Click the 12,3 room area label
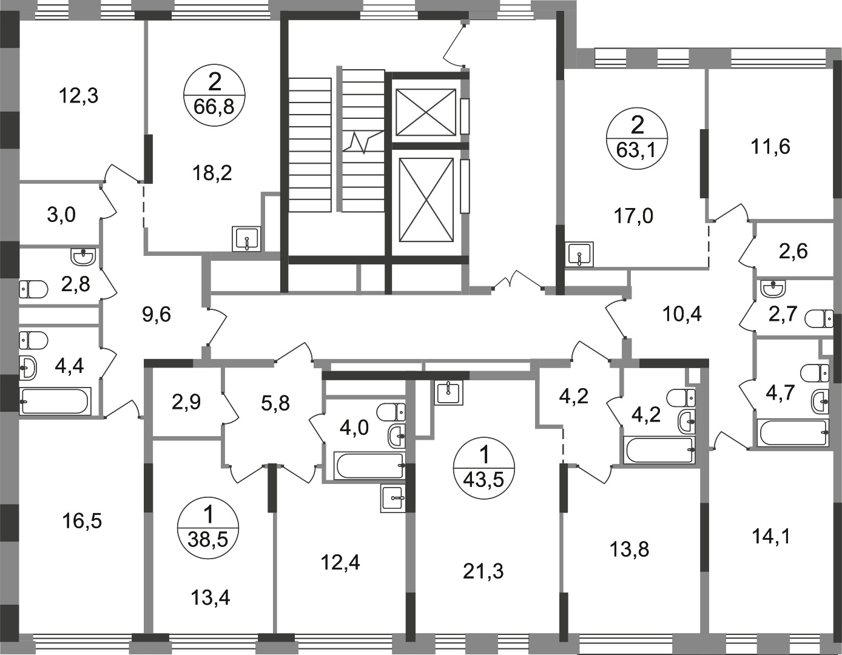pos(79,96)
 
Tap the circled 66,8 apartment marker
pos(214,95)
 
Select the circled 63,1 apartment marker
pos(638,139)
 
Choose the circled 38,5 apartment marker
pos(208,528)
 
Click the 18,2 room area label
pos(212,173)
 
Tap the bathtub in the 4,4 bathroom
pos(55,401)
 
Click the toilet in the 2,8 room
pos(33,289)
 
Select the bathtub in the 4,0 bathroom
pos(371,466)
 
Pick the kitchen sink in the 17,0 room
pos(579,254)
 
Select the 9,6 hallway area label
pos(157,315)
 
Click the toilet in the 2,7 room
pos(819,318)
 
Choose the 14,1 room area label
pos(770,537)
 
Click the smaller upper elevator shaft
pos(426,112)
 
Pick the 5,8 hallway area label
pos(275,404)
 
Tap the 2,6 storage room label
pos(793,252)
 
